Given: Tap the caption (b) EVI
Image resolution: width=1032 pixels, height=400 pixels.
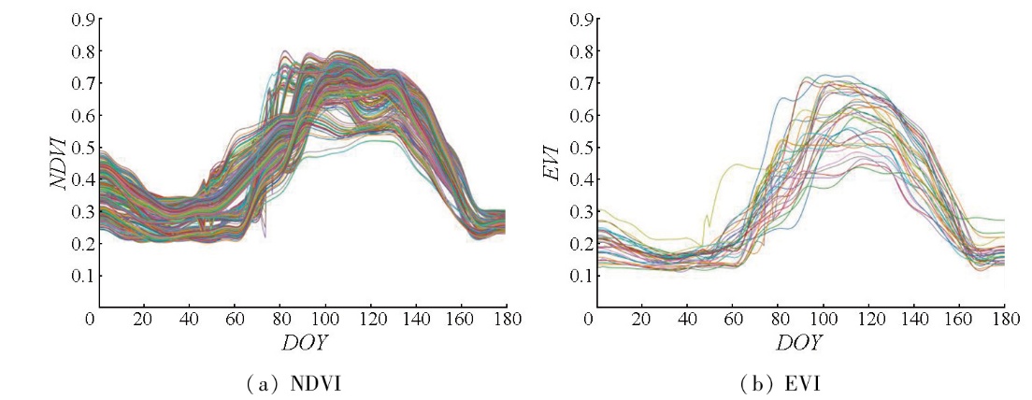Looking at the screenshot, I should coord(795,383).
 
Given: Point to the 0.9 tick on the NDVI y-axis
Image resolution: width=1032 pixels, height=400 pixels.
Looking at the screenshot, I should coord(81,20).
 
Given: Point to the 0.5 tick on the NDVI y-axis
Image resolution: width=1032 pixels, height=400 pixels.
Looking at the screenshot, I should coord(81,148).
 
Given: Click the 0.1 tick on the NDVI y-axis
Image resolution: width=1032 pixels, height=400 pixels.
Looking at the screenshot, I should coord(81,276).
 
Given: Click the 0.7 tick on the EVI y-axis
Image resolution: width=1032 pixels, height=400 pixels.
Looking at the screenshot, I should coord(580,84).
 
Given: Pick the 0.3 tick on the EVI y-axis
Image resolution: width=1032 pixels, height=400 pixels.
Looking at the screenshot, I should coord(580,212).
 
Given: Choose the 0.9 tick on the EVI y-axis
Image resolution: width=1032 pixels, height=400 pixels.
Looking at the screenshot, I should coord(580,20).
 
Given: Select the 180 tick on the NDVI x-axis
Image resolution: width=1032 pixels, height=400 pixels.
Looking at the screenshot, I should coord(506,320).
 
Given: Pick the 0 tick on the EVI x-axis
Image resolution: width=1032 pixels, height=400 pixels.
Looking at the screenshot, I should coord(589,320).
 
